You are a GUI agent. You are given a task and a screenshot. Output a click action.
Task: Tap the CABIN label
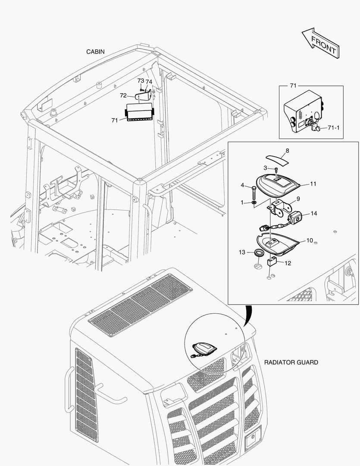click(x=95, y=52)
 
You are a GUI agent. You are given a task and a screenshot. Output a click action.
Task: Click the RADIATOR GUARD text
click(x=291, y=362)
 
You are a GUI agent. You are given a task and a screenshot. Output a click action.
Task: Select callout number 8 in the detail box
click(x=288, y=151)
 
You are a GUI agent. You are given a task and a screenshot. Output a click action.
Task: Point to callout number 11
click(x=313, y=184)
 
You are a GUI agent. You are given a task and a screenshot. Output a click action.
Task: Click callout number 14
click(x=313, y=214)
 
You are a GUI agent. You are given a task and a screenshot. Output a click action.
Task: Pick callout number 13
click(x=242, y=252)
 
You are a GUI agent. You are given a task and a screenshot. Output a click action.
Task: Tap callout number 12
click(x=288, y=263)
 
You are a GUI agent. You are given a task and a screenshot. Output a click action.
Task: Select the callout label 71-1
click(x=334, y=128)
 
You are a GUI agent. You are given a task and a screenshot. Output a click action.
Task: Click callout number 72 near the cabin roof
click(x=123, y=95)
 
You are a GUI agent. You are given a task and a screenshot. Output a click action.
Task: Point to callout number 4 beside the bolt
click(x=242, y=186)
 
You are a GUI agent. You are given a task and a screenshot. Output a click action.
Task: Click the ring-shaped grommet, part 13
click(x=259, y=252)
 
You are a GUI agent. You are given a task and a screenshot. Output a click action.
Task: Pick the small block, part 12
click(x=272, y=260)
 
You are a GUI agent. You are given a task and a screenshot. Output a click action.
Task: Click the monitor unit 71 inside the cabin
click(x=139, y=112)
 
